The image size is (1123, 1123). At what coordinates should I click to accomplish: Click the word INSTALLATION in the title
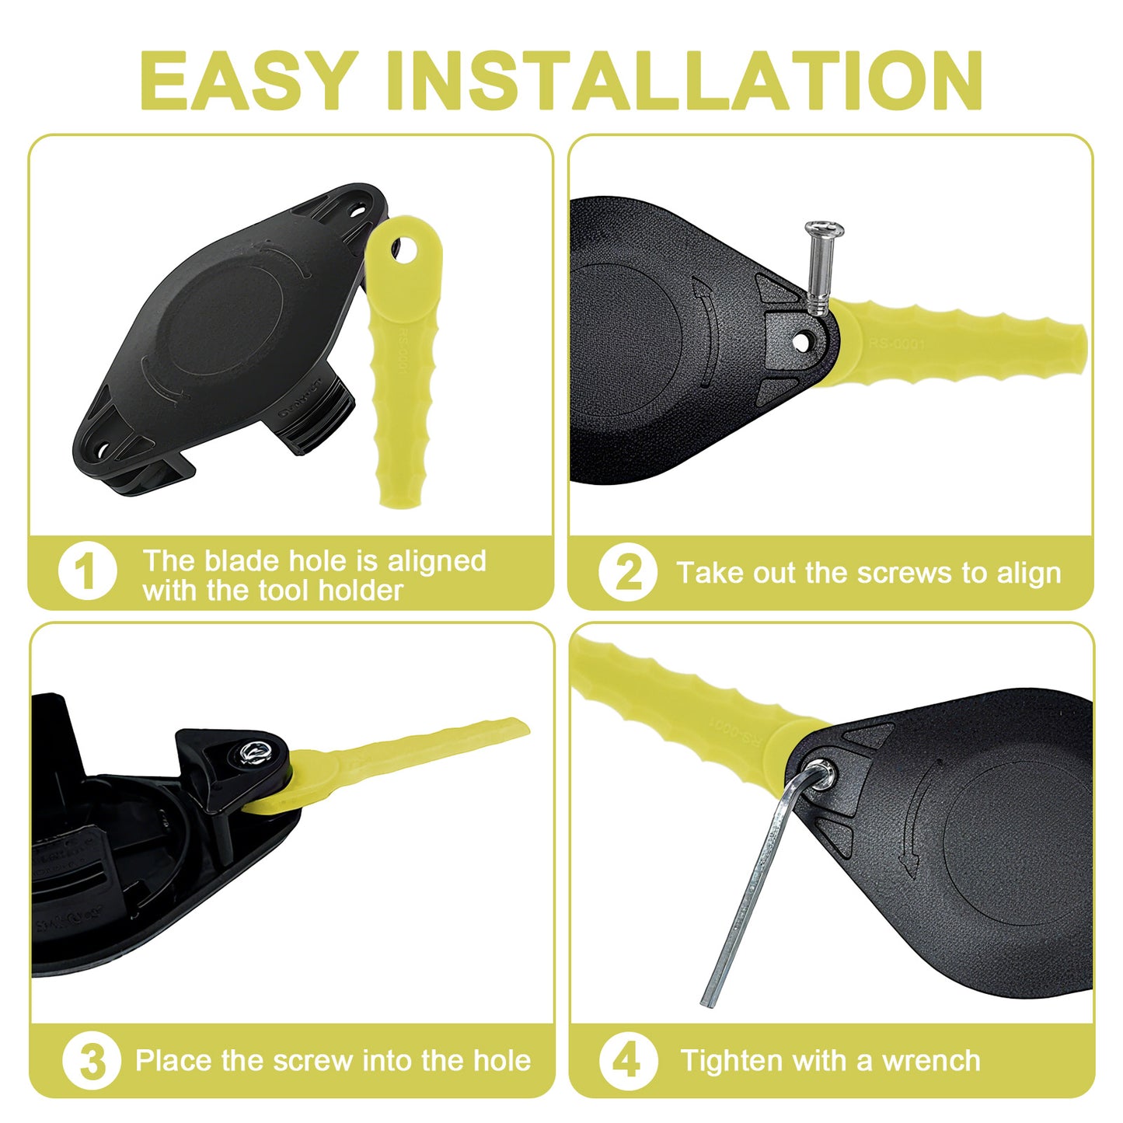tap(684, 81)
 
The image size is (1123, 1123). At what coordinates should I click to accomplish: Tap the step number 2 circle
tap(627, 573)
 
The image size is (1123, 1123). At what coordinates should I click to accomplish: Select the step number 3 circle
tap(91, 1061)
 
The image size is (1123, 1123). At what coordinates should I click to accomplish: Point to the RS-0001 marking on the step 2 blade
tap(897, 343)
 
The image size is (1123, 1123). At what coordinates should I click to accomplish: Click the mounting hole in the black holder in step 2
tap(800, 340)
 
